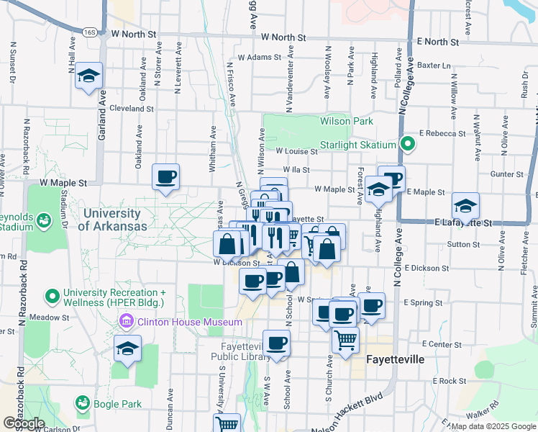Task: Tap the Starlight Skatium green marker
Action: [408, 144]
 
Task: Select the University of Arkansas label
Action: [115, 220]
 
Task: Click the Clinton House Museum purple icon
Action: [127, 321]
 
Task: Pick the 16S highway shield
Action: [89, 32]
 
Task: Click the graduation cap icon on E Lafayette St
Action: [465, 206]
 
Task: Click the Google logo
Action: [24, 423]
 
